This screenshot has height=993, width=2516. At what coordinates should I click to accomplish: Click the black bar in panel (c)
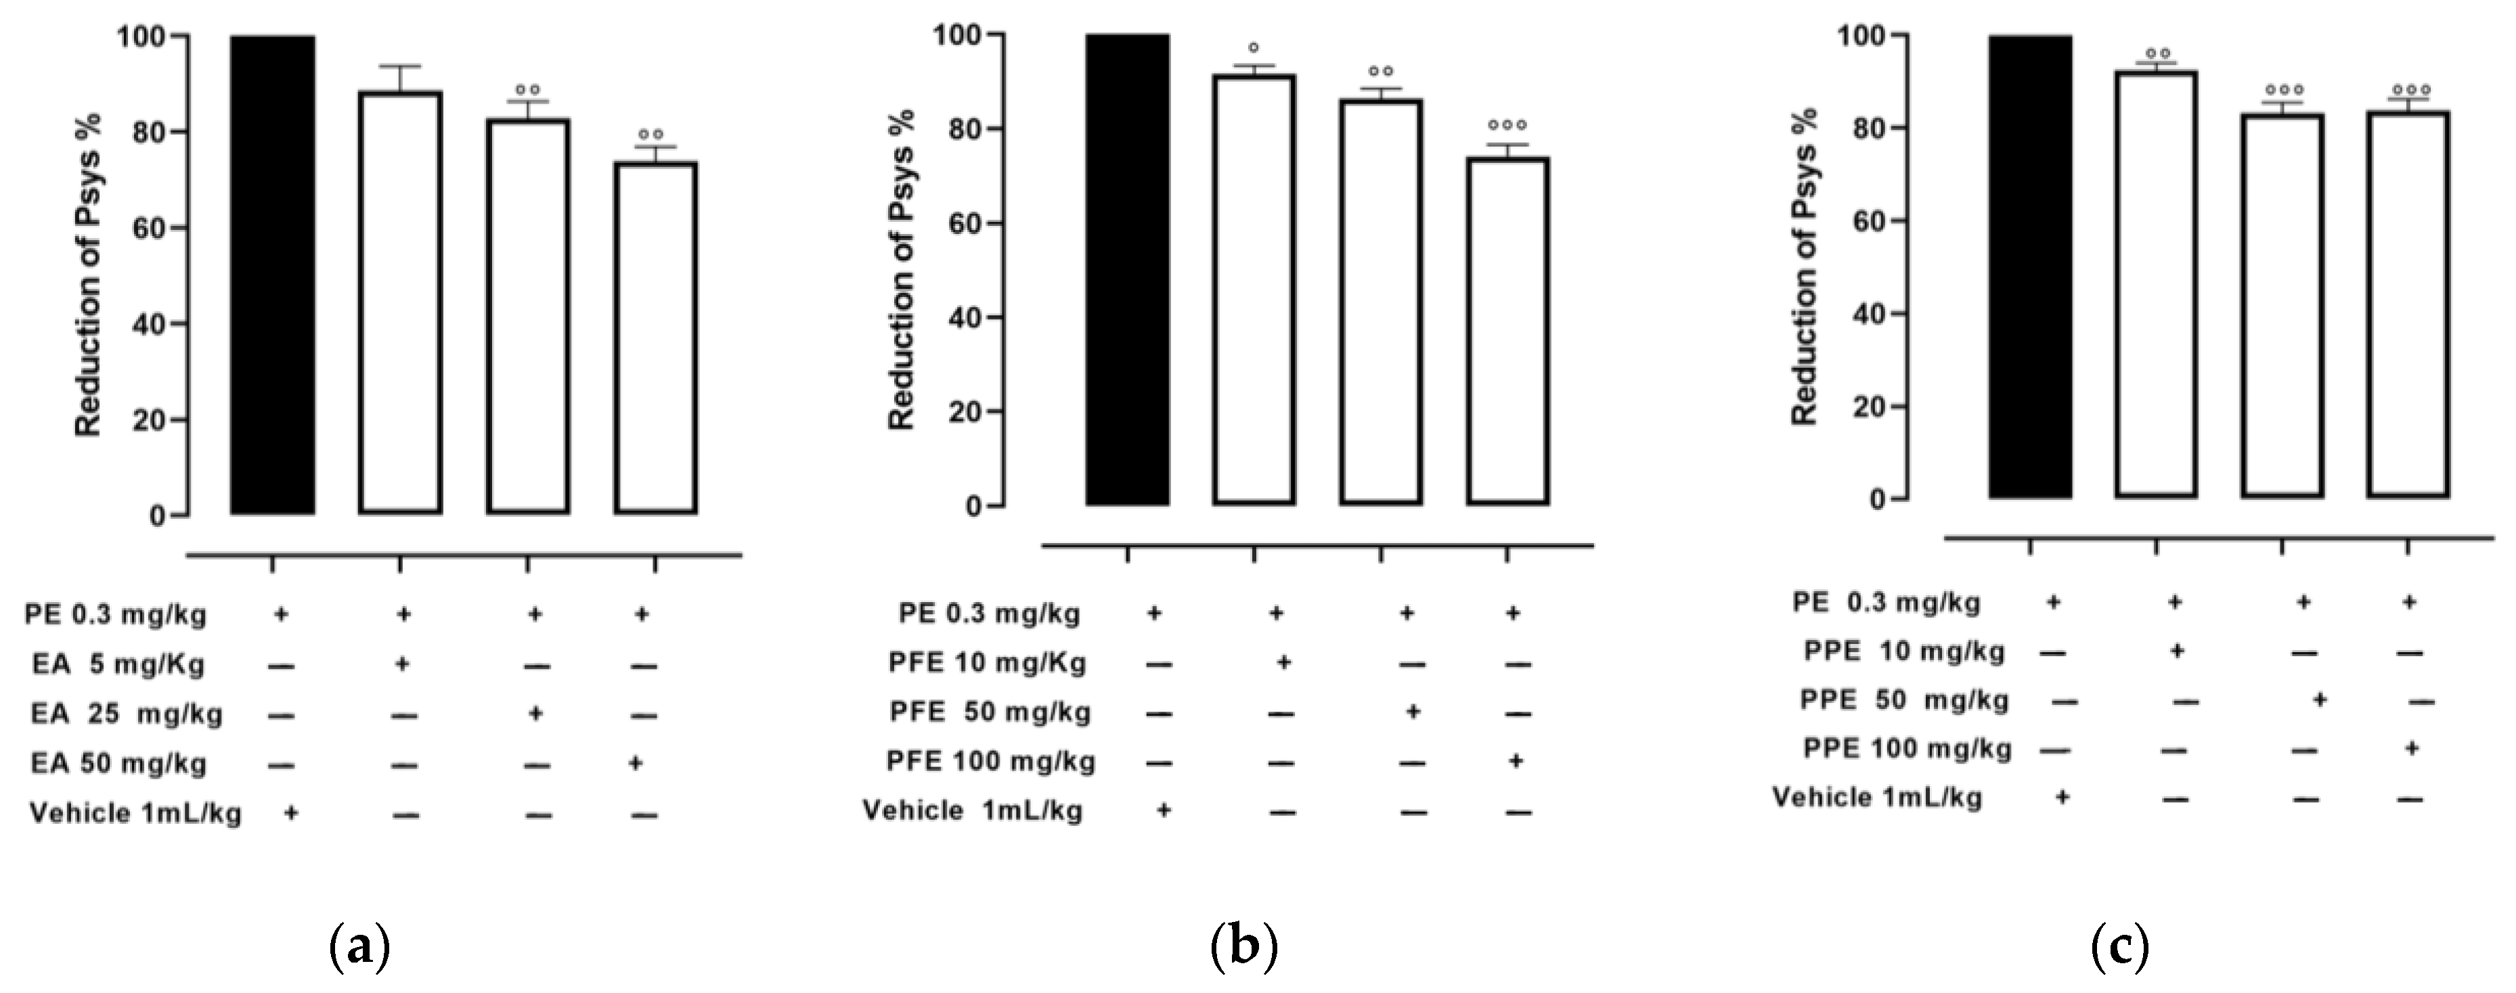click(2029, 267)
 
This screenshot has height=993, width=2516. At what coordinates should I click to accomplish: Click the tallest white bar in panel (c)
click(2156, 284)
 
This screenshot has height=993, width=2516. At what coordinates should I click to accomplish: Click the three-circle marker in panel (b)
click(1507, 126)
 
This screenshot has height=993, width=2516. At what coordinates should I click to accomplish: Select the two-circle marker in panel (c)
click(2157, 53)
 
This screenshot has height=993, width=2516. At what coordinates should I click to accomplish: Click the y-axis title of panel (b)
click(900, 269)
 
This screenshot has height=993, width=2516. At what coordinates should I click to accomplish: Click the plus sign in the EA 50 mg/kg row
click(635, 762)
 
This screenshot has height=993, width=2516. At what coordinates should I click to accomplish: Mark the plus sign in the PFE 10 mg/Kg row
click(1284, 663)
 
